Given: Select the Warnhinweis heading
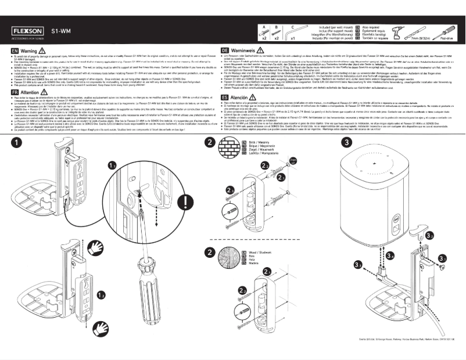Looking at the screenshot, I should [x=249, y=51].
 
